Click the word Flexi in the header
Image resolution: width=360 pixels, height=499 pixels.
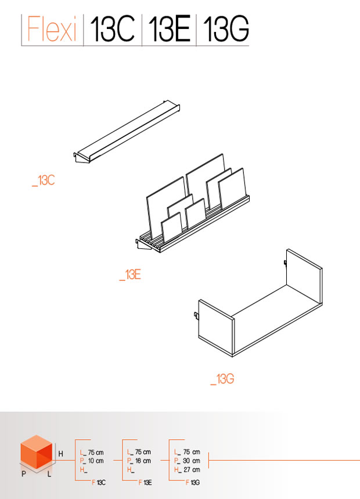coord(52,28)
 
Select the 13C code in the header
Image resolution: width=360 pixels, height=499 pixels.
coord(112,28)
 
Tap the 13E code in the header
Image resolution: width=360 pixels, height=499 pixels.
coord(169,28)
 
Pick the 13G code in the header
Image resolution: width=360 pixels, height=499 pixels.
coord(225,28)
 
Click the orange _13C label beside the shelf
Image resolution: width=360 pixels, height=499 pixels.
coord(44,180)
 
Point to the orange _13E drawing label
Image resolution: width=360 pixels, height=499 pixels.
coord(130,274)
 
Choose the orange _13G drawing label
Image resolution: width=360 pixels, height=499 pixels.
coord(222,379)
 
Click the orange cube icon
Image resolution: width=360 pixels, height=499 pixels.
coord(37,452)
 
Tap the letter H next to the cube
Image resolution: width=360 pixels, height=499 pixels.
coord(60,454)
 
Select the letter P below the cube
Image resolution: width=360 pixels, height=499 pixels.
coord(24,474)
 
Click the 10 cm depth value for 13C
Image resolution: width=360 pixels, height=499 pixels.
coord(96,461)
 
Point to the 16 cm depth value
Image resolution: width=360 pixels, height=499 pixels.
coord(143,461)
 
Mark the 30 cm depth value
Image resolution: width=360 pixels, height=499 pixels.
coord(192,461)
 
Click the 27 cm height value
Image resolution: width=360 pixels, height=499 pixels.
coord(192,469)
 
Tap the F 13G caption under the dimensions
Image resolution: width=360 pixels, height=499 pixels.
coord(192,482)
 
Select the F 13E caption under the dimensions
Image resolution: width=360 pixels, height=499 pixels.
coord(145,482)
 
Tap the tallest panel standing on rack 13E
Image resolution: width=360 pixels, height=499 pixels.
coord(206,182)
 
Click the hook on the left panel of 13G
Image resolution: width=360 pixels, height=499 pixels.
coord(197,316)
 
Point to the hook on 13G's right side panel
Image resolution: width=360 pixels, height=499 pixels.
coord(286,263)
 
